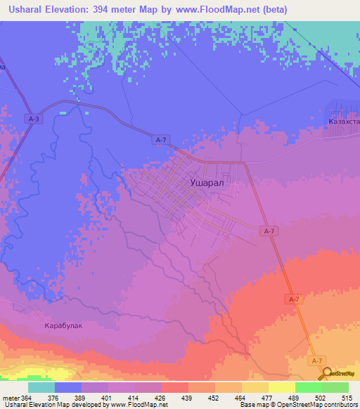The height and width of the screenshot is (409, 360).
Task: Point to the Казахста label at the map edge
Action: (x=343, y=121)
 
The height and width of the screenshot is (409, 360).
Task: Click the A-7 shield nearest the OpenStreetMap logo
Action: (x=318, y=360)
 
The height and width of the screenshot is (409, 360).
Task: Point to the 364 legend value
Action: (x=26, y=398)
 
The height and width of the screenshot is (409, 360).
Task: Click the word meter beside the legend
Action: (x=10, y=398)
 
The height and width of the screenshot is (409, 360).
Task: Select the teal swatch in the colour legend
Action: (x=41, y=387)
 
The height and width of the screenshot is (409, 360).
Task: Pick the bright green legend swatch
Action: (x=308, y=387)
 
